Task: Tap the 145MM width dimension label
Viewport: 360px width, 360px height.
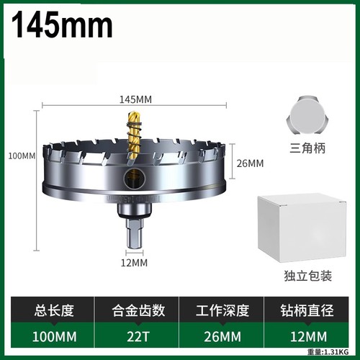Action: (x=135, y=99)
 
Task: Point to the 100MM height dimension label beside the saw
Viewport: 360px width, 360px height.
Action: (x=22, y=156)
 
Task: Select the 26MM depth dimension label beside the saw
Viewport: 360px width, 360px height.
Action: (x=250, y=163)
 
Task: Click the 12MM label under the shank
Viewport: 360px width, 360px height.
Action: (x=134, y=263)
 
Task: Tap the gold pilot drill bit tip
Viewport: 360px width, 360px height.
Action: (x=133, y=114)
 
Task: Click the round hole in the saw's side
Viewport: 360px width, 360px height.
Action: (x=134, y=178)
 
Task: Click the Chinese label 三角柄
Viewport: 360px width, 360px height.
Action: (x=307, y=148)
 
